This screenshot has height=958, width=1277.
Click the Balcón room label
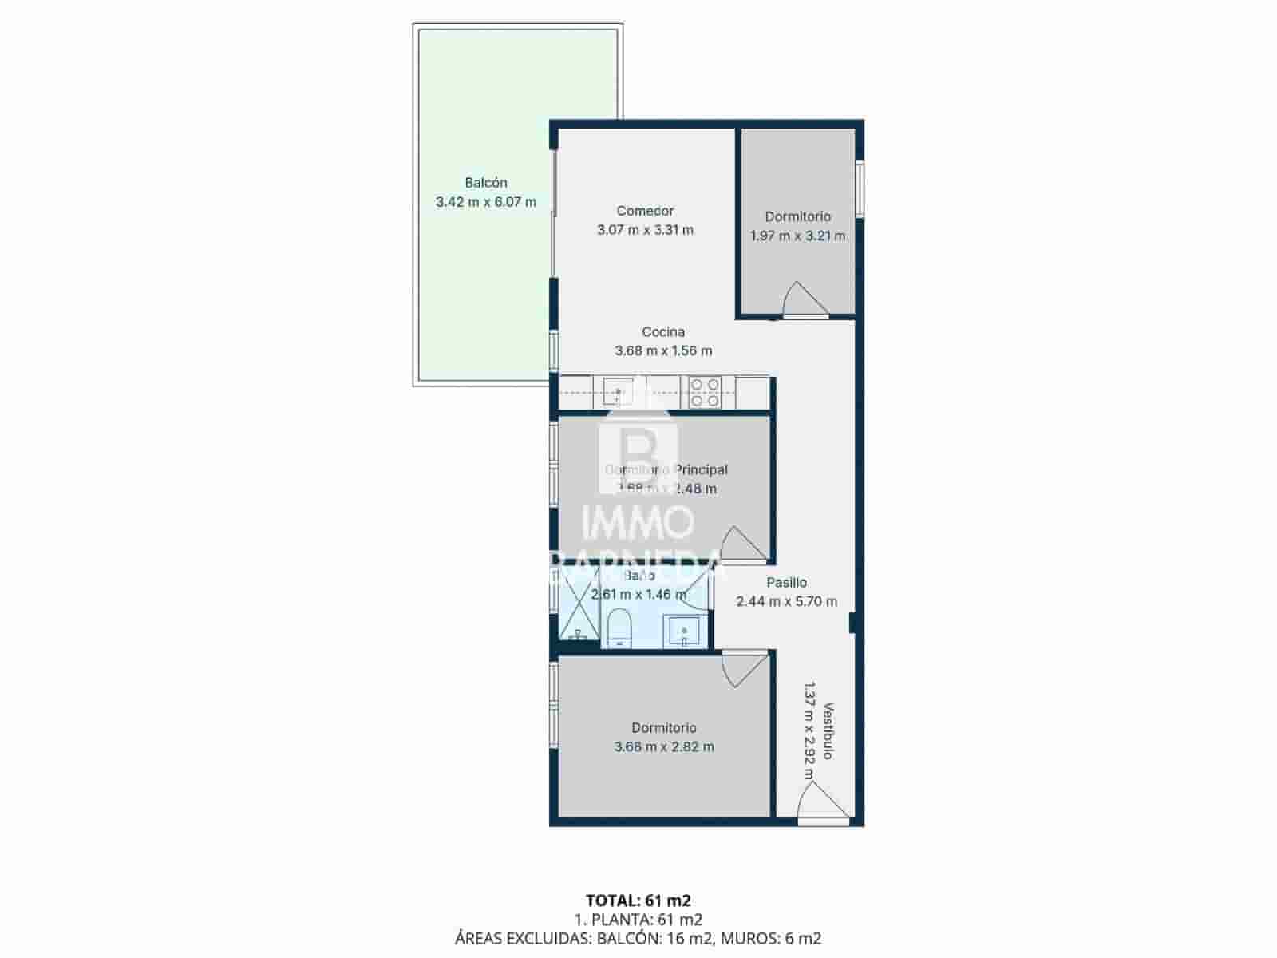tap(486, 183)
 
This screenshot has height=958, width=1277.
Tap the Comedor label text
tap(645, 211)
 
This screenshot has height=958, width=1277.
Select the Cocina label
tap(663, 331)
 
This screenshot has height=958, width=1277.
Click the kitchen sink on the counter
tap(618, 392)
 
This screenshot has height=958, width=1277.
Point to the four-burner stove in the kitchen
tap(705, 393)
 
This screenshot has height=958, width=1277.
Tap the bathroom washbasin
tap(684, 631)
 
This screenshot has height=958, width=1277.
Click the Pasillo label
tap(787, 583)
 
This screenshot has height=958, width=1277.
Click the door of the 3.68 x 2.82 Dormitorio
tap(744, 667)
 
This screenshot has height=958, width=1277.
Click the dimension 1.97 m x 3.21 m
tap(797, 236)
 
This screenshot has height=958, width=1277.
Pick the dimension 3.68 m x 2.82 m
tap(664, 747)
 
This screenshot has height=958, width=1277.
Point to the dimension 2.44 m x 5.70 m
tap(787, 602)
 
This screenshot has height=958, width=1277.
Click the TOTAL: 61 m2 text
tap(638, 901)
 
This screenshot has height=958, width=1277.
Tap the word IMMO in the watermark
tap(638, 524)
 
